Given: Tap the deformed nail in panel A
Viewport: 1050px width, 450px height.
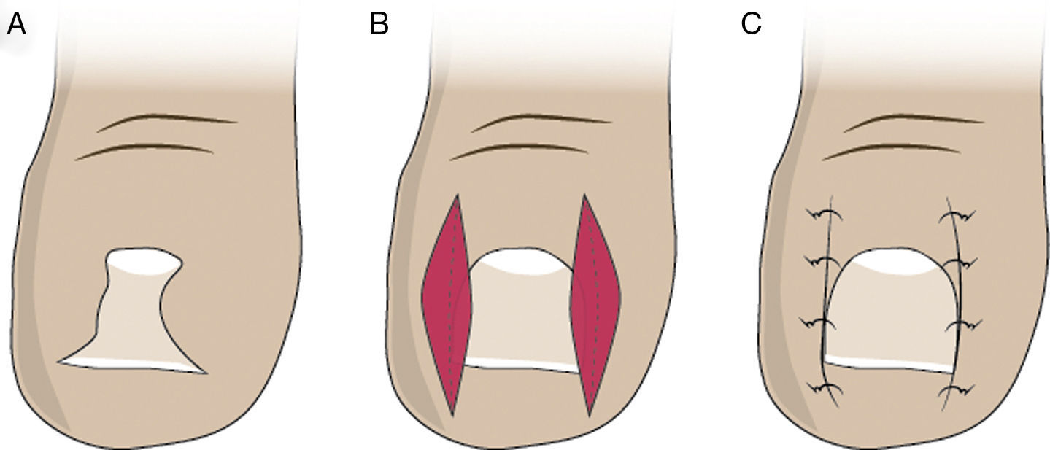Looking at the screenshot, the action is pyautogui.click(x=135, y=321).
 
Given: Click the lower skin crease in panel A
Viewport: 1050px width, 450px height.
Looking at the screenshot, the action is pyautogui.click(x=146, y=150).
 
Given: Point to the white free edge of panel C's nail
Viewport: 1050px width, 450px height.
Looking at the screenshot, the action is pyautogui.click(x=890, y=362).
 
